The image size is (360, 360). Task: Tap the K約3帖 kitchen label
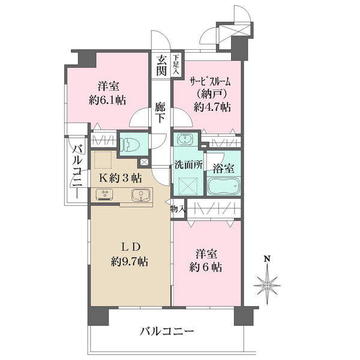pos(120,178)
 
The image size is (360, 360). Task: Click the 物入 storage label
pos(178,209)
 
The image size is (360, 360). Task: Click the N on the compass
pos(267,259)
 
